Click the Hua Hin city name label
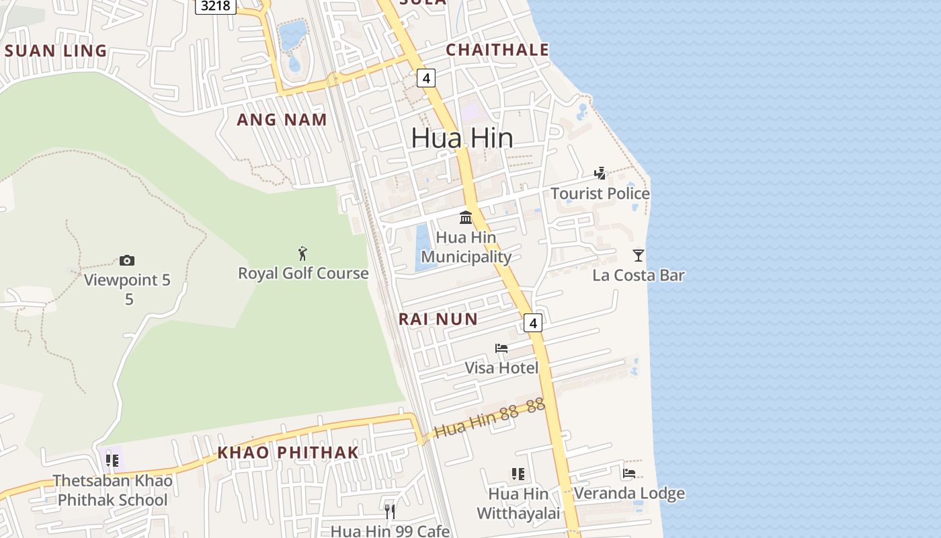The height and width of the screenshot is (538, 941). pos(462,138)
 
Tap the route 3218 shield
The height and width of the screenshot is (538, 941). pos(215,6)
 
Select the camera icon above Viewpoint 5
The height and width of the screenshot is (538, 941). pos(127,260)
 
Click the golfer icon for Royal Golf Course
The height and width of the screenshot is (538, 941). pos(302,254)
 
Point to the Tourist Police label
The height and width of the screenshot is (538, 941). pos(600,194)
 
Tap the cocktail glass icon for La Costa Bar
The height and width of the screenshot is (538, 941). pos(638,256)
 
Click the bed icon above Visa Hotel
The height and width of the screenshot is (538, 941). pos(501,348)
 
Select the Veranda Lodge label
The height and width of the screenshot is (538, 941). pos(629,493)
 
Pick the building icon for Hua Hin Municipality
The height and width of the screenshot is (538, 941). pos(466,217)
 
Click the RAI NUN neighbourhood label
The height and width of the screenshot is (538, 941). pos(438,319)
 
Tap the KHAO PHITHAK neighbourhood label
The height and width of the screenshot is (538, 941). pos(288,453)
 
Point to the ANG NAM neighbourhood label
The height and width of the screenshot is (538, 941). pos(282,120)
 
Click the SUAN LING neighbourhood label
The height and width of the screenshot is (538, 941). pos(56,50)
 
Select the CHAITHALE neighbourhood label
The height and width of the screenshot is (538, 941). pos(497,50)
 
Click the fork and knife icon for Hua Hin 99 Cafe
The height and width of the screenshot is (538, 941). pos(389,511)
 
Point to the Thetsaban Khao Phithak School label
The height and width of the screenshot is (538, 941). pos(113,490)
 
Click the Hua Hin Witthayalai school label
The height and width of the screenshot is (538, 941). pos(518,504)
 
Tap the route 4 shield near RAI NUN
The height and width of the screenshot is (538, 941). pos(533,323)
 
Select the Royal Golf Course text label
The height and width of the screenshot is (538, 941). pos(303,273)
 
